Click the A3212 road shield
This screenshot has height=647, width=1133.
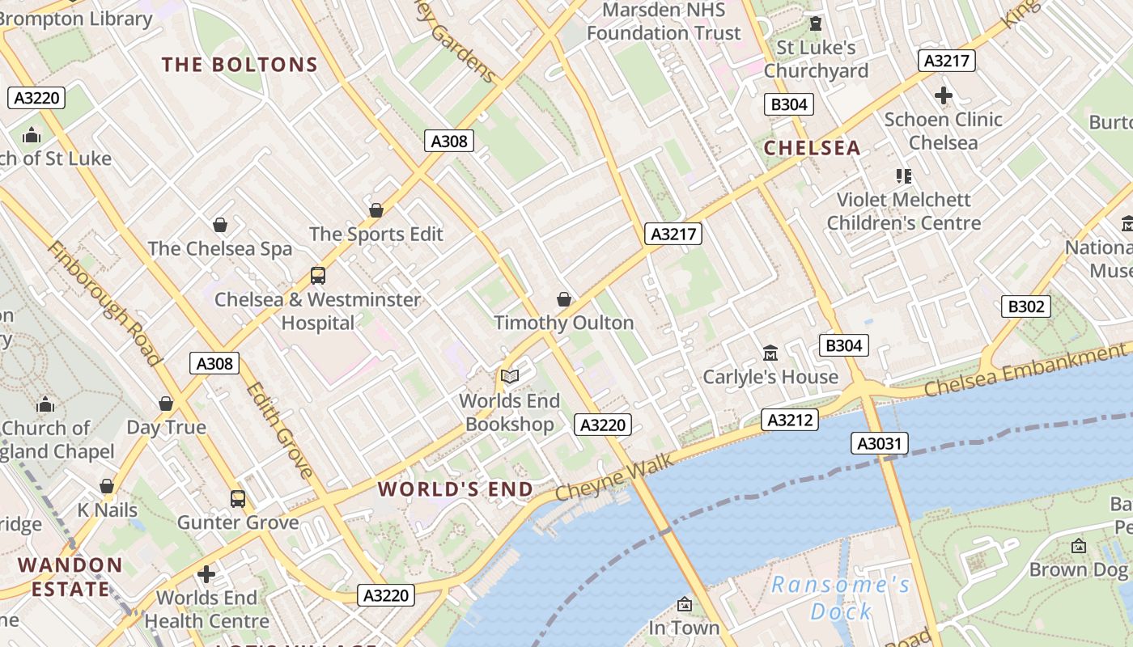click(789, 420)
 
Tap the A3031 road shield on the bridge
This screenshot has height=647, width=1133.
click(880, 443)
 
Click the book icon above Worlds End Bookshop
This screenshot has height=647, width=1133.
click(509, 376)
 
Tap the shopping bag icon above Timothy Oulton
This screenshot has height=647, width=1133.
click(564, 299)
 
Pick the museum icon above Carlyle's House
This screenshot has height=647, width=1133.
click(770, 353)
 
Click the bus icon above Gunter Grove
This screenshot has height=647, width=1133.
click(237, 498)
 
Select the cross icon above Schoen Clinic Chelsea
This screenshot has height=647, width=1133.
click(943, 95)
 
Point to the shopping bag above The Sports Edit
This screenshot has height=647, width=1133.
click(376, 210)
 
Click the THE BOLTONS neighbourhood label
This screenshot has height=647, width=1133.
click(239, 65)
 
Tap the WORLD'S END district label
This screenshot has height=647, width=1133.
click(456, 489)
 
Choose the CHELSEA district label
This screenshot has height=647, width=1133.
click(812, 148)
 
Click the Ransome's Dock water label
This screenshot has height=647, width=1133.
click(841, 598)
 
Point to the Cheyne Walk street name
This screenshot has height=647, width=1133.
click(614, 477)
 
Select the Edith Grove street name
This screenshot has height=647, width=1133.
click(279, 429)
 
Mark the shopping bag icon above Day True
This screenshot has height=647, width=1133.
click(166, 404)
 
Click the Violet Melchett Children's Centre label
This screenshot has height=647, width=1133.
click(903, 211)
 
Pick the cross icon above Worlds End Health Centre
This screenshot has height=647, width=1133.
click(206, 574)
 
